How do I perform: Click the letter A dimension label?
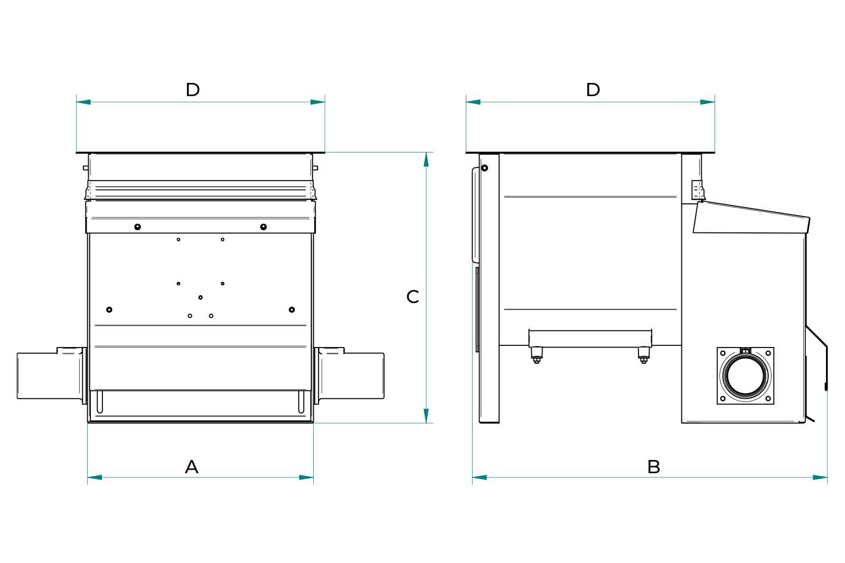pyautogui.click(x=192, y=467)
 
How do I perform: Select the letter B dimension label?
pyautogui.click(x=654, y=467)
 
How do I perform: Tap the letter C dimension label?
pyautogui.click(x=413, y=297)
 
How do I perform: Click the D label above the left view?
pyautogui.click(x=193, y=90)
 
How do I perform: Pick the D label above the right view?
pyautogui.click(x=593, y=90)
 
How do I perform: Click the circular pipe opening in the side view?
pyautogui.click(x=745, y=376)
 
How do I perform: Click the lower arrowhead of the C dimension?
pyautogui.click(x=426, y=416)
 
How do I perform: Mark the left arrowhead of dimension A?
pyautogui.click(x=95, y=477)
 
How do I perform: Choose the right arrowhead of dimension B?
pyautogui.click(x=820, y=477)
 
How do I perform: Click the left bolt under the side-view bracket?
pyautogui.click(x=537, y=355)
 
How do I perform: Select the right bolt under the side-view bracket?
pyautogui.click(x=643, y=355)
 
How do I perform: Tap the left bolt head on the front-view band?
pyautogui.click(x=137, y=227)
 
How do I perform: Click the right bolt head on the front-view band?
pyautogui.click(x=264, y=227)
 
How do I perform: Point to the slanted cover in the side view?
pyautogui.click(x=752, y=217)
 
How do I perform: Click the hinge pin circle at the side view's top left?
pyautogui.click(x=484, y=168)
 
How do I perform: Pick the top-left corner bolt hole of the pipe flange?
pyautogui.click(x=723, y=353)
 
